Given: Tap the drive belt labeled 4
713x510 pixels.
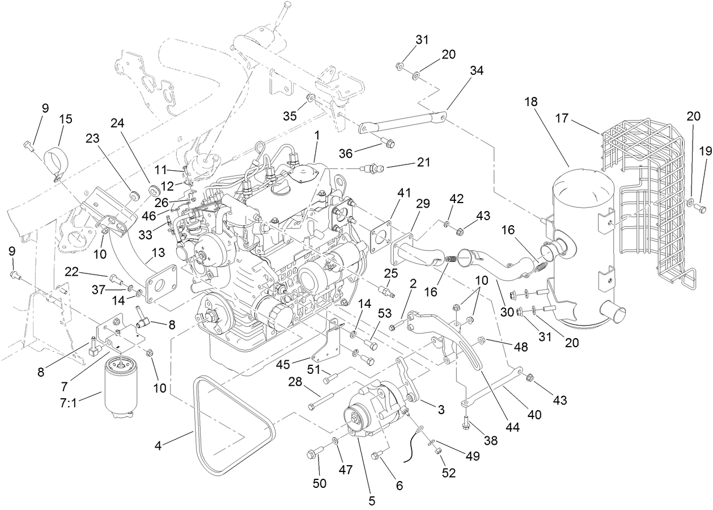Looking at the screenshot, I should [227, 431].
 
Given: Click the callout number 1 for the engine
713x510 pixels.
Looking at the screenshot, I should [316, 136].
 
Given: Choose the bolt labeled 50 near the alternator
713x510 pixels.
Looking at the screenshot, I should [315, 453].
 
